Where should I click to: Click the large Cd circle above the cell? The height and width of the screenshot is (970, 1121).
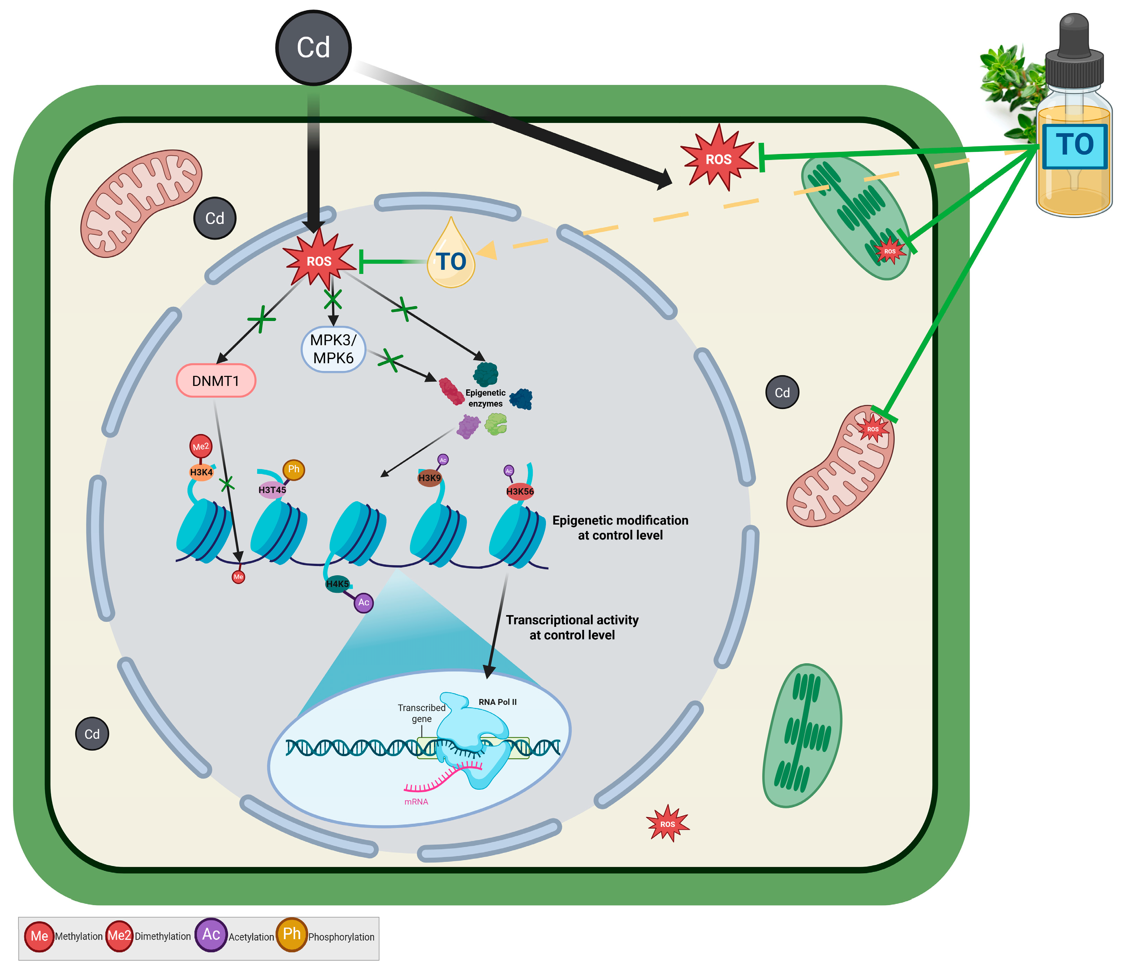tap(313, 47)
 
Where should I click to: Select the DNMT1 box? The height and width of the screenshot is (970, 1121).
tap(216, 381)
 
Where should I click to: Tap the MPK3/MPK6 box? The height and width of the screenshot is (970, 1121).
tap(333, 349)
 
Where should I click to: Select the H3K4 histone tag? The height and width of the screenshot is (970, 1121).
tap(201, 472)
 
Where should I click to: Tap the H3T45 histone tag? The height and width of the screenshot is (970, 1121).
tap(272, 490)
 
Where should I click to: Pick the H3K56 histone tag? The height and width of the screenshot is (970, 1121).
tap(520, 492)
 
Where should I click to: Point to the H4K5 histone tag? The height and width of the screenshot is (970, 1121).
tap(337, 583)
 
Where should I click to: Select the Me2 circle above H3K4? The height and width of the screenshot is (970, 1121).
tap(201, 447)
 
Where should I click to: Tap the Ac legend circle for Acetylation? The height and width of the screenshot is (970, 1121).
tap(210, 934)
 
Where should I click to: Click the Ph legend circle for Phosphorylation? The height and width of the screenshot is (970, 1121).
tap(292, 934)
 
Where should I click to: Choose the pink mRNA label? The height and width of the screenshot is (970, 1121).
tap(416, 802)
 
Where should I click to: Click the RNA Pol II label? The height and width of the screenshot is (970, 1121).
tap(497, 702)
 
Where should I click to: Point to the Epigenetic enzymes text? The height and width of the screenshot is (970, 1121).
tap(486, 398)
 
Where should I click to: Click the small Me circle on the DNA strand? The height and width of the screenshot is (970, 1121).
tap(238, 577)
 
